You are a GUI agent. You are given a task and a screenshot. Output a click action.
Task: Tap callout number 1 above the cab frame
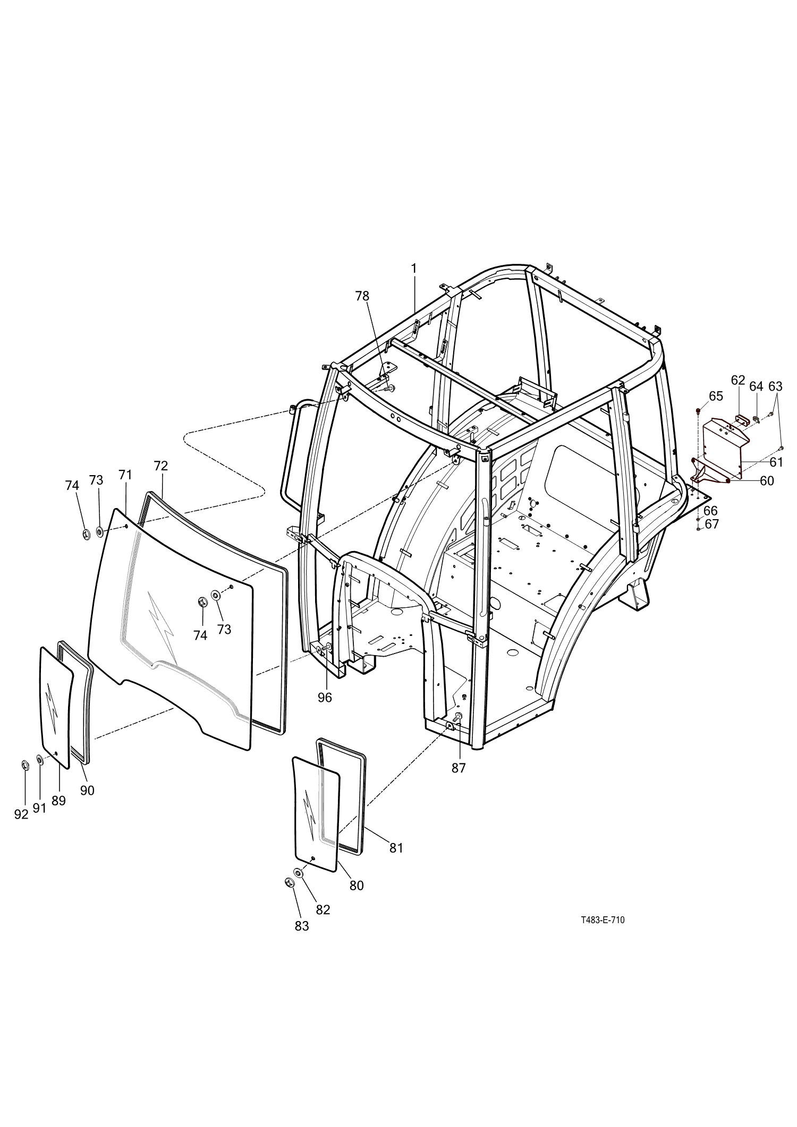413,269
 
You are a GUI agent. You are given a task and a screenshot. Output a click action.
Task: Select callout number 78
362,296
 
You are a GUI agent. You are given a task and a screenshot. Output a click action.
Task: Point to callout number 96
325,698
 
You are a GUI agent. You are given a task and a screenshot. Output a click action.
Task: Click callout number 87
459,768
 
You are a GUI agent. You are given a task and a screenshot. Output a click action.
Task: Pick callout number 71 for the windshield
125,475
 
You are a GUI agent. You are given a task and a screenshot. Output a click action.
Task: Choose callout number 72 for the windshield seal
160,466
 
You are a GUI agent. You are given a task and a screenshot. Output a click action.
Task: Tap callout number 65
716,396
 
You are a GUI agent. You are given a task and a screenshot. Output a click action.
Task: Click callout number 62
738,380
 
